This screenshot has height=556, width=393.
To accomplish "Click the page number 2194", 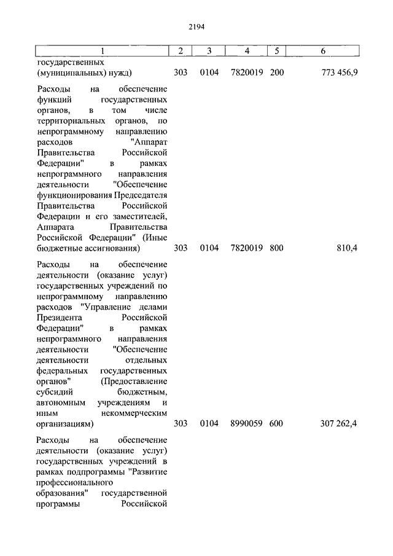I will point(196,26).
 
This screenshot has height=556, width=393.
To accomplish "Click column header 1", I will point(102,50).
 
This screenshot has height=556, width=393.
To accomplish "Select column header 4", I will point(246,50).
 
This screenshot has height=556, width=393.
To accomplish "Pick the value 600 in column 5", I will point(276,423).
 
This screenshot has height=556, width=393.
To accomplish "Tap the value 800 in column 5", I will point(276,248).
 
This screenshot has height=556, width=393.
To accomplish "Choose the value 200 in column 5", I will point(276,72).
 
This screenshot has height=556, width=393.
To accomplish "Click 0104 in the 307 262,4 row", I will point(209,423).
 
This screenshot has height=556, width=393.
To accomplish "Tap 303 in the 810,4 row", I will point(181,248).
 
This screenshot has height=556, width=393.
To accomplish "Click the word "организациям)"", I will point(64,423).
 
